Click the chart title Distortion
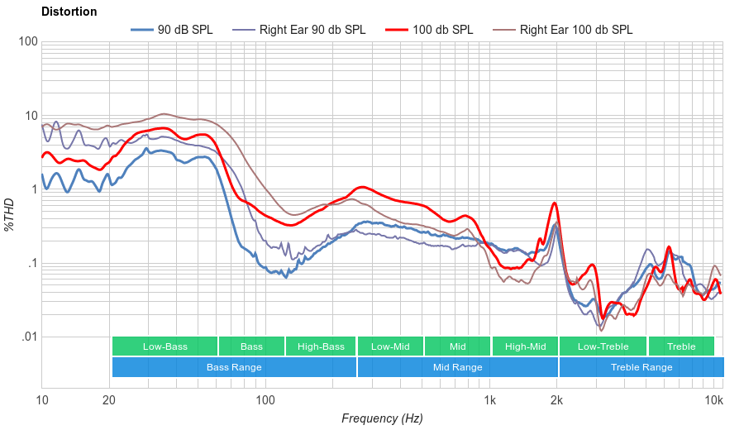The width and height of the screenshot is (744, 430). pos(69,12)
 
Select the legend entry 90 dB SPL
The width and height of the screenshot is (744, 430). pos(172,30)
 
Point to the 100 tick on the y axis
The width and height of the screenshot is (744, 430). pos(26,42)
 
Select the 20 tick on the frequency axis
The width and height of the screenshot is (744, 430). pos(109,401)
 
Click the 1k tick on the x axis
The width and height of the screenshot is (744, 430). pos(489,401)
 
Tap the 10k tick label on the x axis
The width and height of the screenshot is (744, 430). pos(714,401)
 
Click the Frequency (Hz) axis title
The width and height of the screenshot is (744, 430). pos(382,418)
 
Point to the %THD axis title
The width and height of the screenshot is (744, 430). pos(10,214)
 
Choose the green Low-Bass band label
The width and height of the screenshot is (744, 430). pos(165,346)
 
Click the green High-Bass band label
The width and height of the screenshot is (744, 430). pos(321,346)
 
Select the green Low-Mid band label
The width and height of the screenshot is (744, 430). pos(390,346)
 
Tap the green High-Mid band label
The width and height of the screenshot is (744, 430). pos(525,346)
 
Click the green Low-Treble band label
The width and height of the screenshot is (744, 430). pos(603,346)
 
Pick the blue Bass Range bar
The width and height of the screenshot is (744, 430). pos(234,367)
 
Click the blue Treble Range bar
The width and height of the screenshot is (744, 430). pos(641,367)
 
